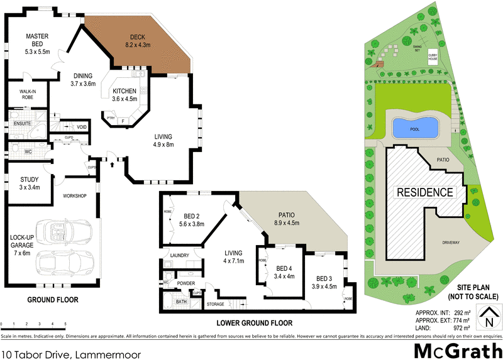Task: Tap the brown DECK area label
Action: [x=137, y=41]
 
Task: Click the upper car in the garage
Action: [x=60, y=232]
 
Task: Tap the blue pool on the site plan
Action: [x=415, y=128]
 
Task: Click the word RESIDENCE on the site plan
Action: [x=424, y=192]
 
